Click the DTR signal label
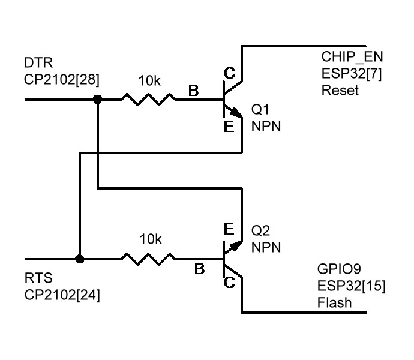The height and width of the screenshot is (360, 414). (x=38, y=63)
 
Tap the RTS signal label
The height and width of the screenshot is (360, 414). (x=38, y=278)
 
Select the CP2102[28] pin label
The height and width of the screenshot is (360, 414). (x=62, y=80)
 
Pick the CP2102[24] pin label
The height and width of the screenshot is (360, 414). (x=62, y=295)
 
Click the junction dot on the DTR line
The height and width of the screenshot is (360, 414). (x=97, y=100)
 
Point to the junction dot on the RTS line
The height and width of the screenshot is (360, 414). (x=79, y=259)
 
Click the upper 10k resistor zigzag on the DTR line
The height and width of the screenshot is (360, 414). (x=148, y=100)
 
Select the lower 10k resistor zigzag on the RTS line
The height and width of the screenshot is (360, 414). (x=148, y=259)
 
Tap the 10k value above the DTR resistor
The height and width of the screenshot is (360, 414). (x=149, y=81)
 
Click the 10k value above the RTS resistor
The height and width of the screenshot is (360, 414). (x=151, y=239)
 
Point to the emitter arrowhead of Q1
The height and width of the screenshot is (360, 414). (x=237, y=113)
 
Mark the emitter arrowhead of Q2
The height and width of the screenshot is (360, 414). (x=237, y=245)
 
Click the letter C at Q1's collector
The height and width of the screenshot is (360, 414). (x=229, y=73)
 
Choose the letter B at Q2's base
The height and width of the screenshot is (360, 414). (x=199, y=269)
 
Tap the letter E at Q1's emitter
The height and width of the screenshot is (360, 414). (x=229, y=127)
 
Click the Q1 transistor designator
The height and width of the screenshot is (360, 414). (x=260, y=109)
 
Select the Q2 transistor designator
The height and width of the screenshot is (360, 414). (x=260, y=230)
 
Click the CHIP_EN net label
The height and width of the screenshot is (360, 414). (x=352, y=57)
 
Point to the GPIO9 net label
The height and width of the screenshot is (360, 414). (x=339, y=269)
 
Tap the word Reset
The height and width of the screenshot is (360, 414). (x=340, y=91)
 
